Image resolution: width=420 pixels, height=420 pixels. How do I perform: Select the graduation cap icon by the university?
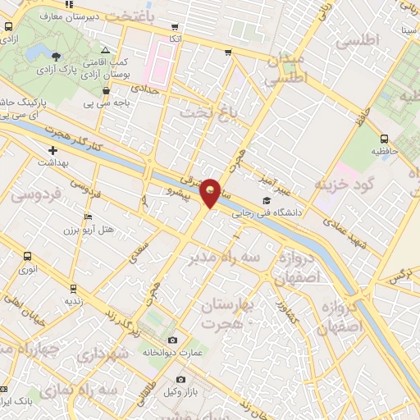coord(265,200)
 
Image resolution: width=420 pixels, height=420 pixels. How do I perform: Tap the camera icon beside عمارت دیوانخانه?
coord(171,340)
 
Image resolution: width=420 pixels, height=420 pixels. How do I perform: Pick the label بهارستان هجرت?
coord(227,314)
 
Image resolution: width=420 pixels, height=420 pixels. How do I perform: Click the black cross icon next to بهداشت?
coord(53,151)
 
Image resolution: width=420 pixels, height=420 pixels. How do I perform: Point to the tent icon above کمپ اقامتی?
coord(103,50)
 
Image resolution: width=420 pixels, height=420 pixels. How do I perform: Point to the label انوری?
coord(30,268)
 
